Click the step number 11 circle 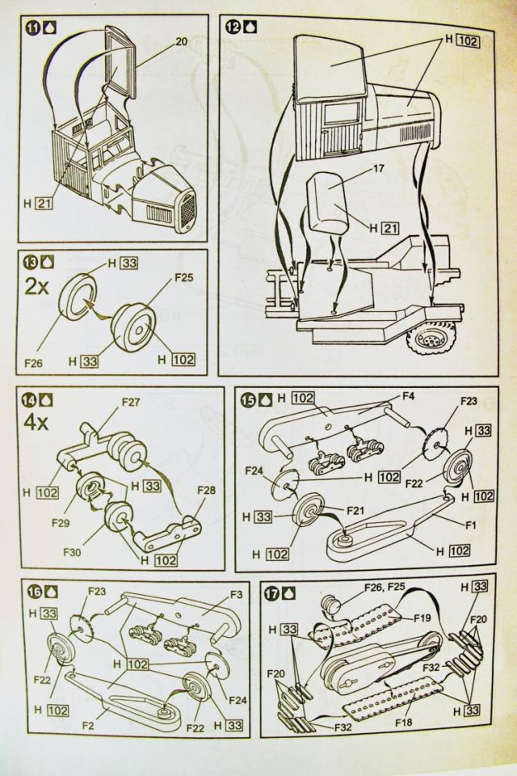pyautogui.click(x=33, y=26)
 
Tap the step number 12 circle pyautogui.click(x=233, y=26)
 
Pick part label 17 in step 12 pyautogui.click(x=378, y=171)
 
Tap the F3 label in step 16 pyautogui.click(x=235, y=595)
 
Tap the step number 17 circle pyautogui.click(x=274, y=591)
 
